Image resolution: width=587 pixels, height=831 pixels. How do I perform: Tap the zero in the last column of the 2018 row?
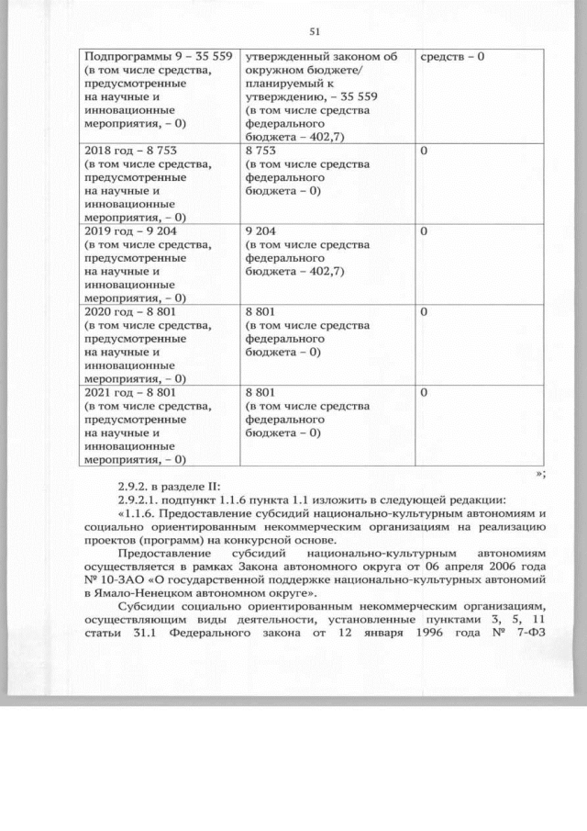coord(425,150)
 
